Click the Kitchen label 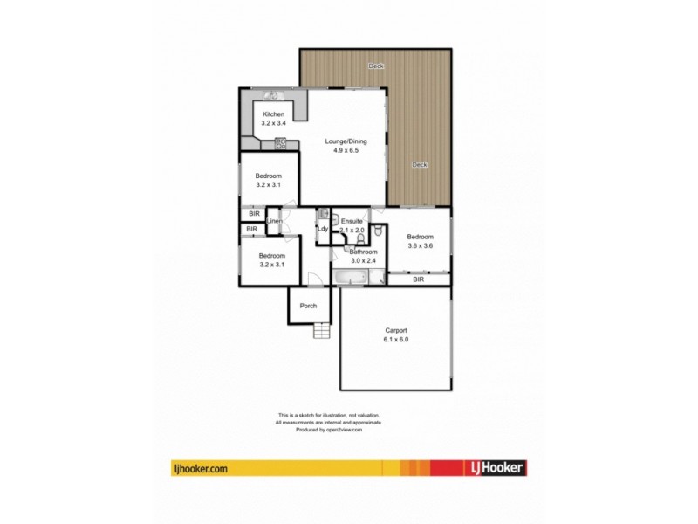(x=274, y=114)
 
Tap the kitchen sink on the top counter (x=270, y=95)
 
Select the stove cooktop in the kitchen (x=281, y=143)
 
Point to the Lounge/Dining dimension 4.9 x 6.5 (x=346, y=150)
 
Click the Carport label (x=396, y=330)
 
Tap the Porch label (x=308, y=306)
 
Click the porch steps (x=324, y=331)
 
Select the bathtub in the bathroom (x=351, y=277)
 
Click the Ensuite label (x=352, y=221)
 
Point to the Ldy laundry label (x=322, y=229)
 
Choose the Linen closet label (x=274, y=222)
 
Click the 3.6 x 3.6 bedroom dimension (x=420, y=245)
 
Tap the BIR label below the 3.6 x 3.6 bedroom (x=419, y=279)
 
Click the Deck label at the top (x=375, y=65)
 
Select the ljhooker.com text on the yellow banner (x=201, y=468)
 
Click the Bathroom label (x=362, y=251)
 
